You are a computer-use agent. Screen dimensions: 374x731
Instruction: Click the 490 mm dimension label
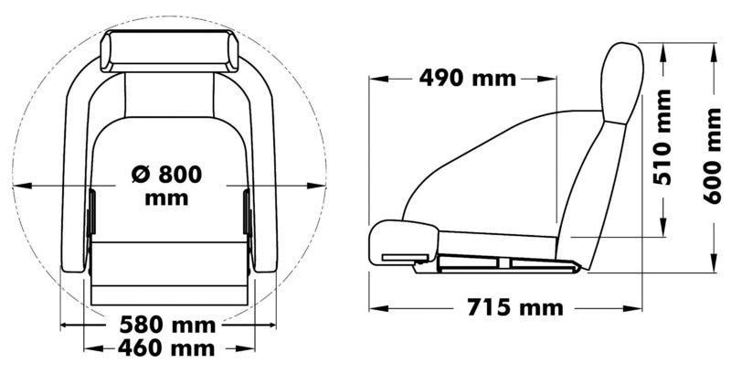coord(467,79)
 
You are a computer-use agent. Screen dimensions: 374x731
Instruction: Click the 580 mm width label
coord(168,325)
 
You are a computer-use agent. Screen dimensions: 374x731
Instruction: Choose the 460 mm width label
coord(168,347)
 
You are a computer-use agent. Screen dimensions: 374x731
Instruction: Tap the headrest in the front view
coord(169,51)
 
